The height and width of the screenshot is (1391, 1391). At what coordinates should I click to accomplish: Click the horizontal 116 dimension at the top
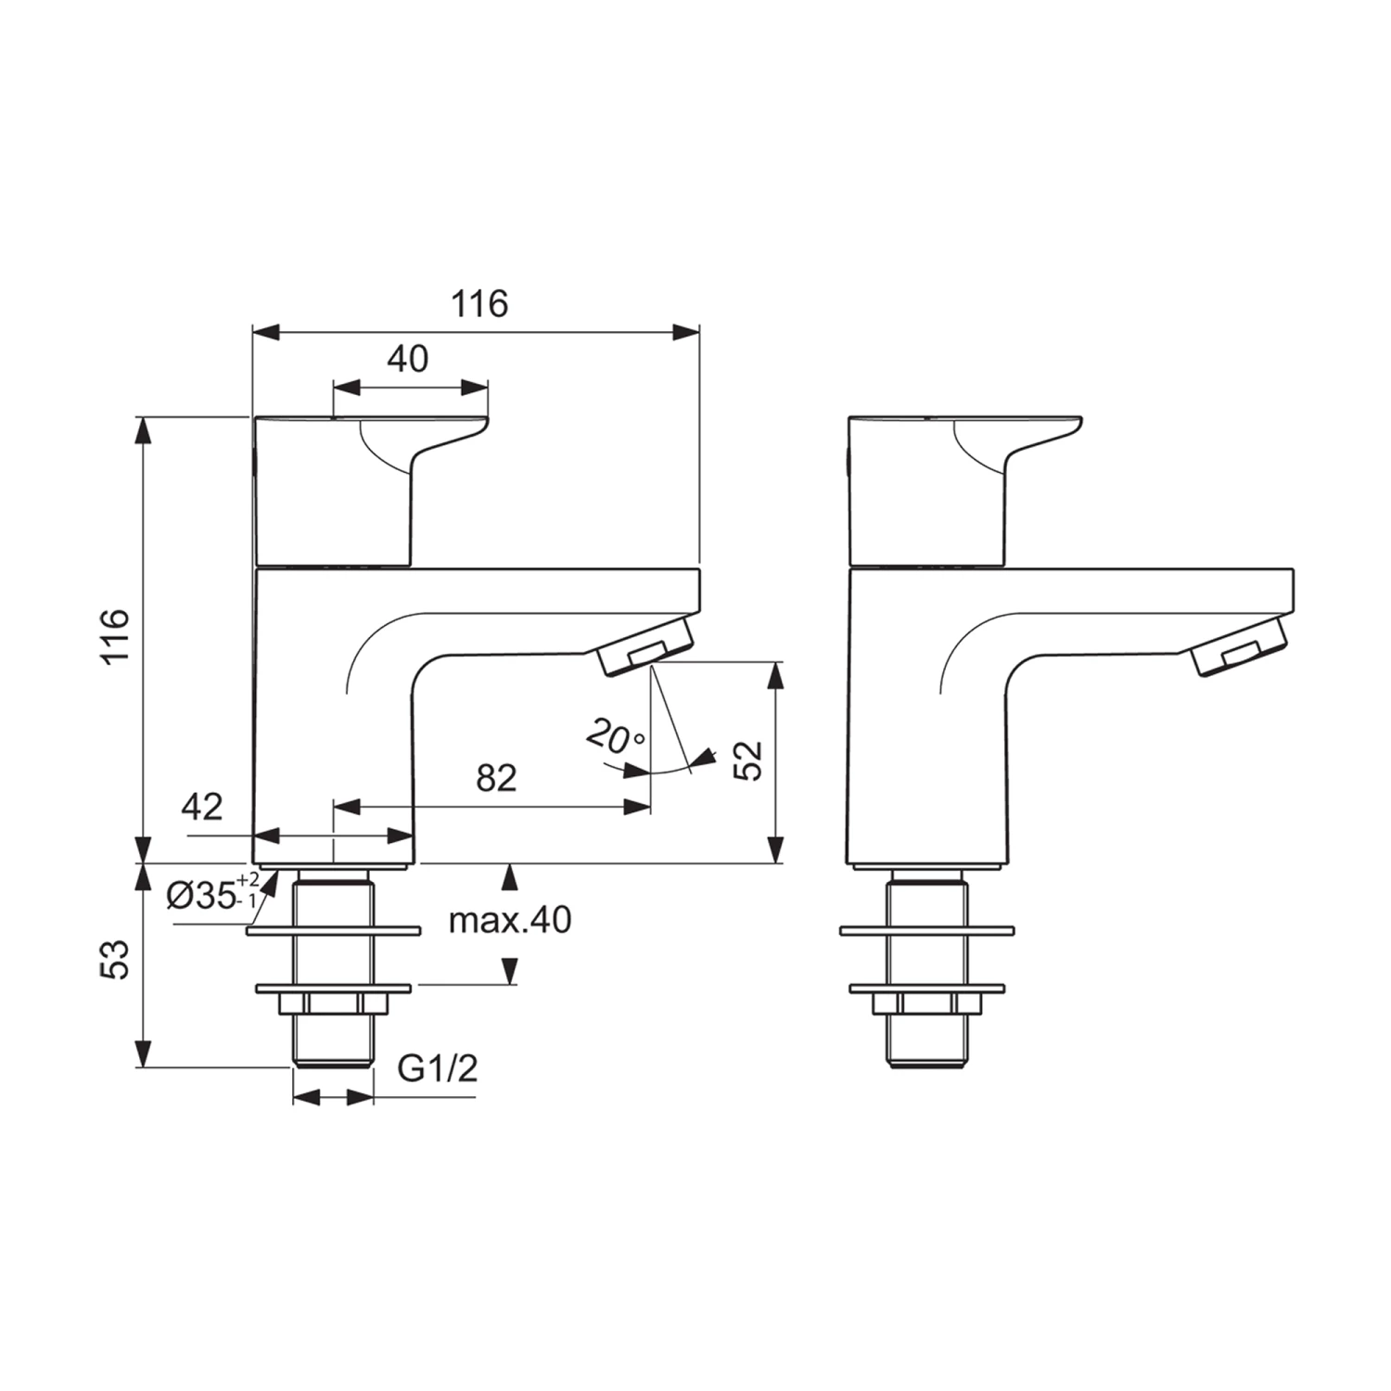pyautogui.click(x=479, y=304)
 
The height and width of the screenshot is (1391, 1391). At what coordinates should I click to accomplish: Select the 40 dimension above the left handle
pyautogui.click(x=407, y=359)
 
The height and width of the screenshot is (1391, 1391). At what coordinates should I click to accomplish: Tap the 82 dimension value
pyautogui.click(x=495, y=778)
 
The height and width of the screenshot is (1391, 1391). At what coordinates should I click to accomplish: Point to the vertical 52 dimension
pyautogui.click(x=748, y=760)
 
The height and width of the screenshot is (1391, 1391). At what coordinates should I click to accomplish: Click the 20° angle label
pyautogui.click(x=615, y=738)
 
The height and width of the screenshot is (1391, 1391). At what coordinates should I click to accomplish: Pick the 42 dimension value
pyautogui.click(x=202, y=807)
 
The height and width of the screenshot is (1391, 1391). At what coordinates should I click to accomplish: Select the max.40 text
pyautogui.click(x=510, y=920)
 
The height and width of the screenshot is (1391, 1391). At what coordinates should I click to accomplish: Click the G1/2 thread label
pyautogui.click(x=438, y=1069)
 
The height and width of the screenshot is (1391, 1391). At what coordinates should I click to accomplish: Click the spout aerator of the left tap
pyautogui.click(x=645, y=650)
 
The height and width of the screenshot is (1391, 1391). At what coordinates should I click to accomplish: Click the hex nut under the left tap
pyautogui.click(x=333, y=1004)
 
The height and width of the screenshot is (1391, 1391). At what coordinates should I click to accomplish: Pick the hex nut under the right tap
pyautogui.click(x=926, y=1004)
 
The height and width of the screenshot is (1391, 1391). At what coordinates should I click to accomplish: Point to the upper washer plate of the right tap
pyautogui.click(x=926, y=929)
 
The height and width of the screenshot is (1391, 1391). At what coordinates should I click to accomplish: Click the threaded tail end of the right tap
pyautogui.click(x=926, y=1048)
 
